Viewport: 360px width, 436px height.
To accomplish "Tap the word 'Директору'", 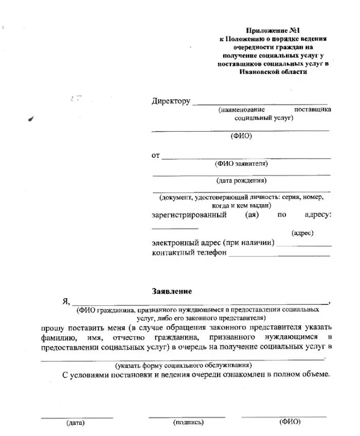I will click(x=171, y=101).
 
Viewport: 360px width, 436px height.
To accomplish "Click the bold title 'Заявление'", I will click(x=172, y=291).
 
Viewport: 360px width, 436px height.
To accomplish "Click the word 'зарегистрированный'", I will click(x=189, y=214).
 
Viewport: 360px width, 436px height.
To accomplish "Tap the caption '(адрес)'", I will click(x=302, y=233).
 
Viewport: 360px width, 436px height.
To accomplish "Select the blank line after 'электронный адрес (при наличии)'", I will click(x=303, y=246).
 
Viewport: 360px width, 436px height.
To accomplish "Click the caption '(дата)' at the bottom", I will click(x=75, y=423).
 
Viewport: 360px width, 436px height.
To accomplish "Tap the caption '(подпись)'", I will click(x=189, y=423).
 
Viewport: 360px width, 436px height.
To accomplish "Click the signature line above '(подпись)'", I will click(x=187, y=416).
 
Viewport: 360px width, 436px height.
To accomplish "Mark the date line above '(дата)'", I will click(x=77, y=416).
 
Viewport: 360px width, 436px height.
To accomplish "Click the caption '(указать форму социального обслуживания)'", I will click(x=184, y=366).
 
